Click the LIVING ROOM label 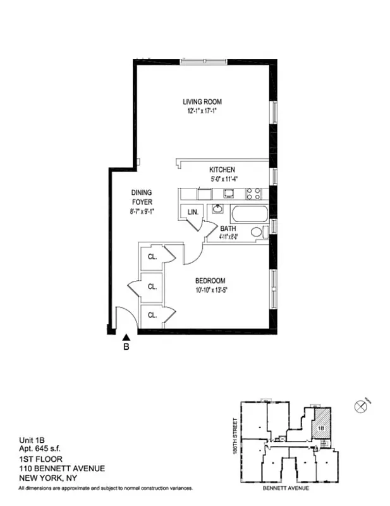point(202,101)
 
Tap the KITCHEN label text point(222,170)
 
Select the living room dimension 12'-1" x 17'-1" point(202,111)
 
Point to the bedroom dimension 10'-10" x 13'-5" point(210,290)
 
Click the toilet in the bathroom point(257,232)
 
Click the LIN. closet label point(192,213)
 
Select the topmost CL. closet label point(152,257)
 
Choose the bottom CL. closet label point(152,315)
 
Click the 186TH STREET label point(235,435)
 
